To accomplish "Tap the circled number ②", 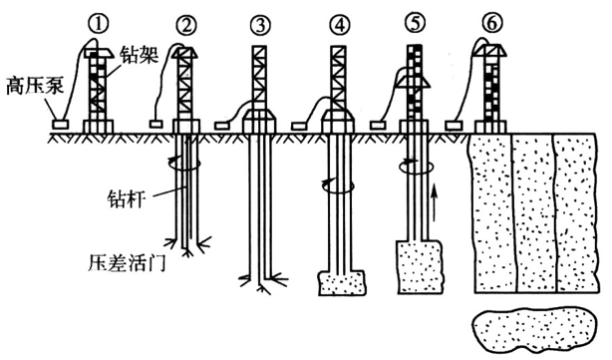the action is coord(186,25).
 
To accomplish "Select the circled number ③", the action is coord(260,25).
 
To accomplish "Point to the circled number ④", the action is coord(340,25).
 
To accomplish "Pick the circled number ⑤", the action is coord(415,23).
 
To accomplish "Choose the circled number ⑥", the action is coord(491,23).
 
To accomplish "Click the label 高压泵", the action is coord(34,86).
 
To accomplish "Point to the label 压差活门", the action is coord(128,263).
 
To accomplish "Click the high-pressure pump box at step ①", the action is coord(61,125).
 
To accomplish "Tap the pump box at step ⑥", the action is coord(454,125).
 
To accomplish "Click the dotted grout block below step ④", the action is coord(342,283).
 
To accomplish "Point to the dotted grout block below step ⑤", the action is coord(421,266).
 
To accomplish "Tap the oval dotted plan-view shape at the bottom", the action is coord(534,327).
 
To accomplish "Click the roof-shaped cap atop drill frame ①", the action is coord(99,54).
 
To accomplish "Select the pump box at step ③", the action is coord(222,126).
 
